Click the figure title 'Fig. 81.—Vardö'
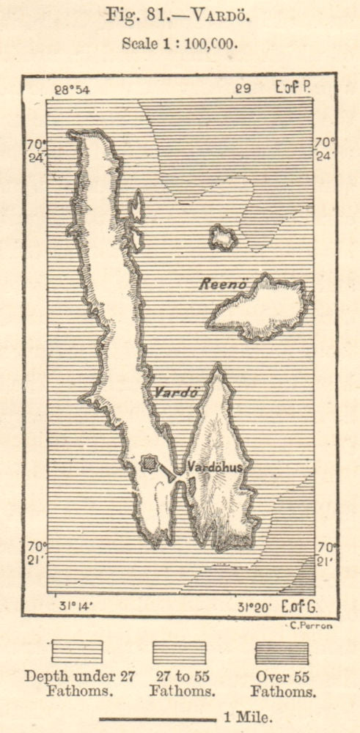180,15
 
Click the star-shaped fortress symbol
150,463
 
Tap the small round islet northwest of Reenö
222,237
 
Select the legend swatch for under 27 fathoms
76,651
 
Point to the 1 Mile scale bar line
158,719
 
